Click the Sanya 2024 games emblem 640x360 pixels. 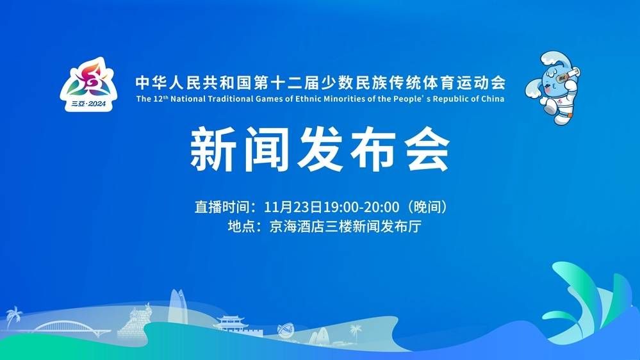88,85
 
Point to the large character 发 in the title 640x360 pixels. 320,149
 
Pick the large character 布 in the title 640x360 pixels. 373,149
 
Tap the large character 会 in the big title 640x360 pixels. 427,149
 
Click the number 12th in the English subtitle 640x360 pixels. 160,99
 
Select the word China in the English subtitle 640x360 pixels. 493,99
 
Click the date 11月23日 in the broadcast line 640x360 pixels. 293,207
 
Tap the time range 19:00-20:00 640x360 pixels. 361,207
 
